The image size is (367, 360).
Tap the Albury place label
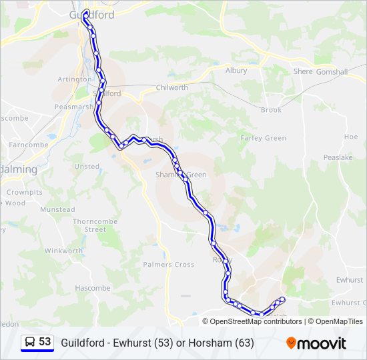pyautogui.click(x=236, y=70)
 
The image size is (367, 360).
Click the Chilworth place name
pyautogui.click(x=171, y=87)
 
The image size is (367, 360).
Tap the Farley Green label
pyautogui.click(x=263, y=139)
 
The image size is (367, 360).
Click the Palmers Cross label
pyautogui.click(x=169, y=265)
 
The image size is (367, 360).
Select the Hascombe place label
pyautogui.click(x=92, y=288)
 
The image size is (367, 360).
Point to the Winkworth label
pyautogui.click(x=63, y=251)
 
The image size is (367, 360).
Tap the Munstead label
pyautogui.click(x=57, y=209)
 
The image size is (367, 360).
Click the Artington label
pyautogui.click(x=74, y=79)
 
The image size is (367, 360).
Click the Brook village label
pyautogui.click(x=271, y=110)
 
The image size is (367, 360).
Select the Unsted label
pyautogui.click(x=87, y=167)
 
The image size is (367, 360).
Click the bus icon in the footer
pyautogui.click(x=29, y=343)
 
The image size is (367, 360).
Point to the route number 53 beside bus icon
pyautogui.click(x=45, y=342)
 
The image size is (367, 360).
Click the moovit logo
pyautogui.click(x=316, y=343)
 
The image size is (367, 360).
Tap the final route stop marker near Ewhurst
pyautogui.click(x=282, y=299)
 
